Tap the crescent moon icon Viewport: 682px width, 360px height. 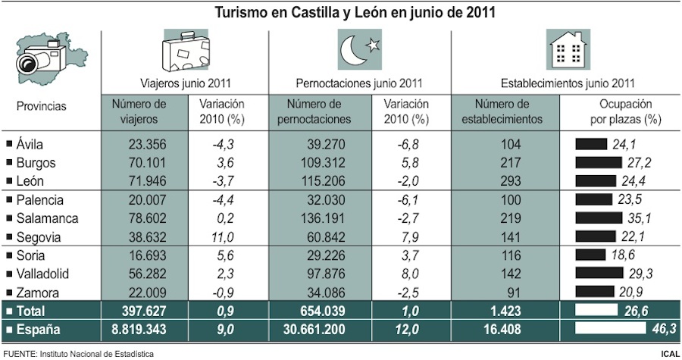tap(357, 52)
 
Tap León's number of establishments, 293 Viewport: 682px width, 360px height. tap(505, 180)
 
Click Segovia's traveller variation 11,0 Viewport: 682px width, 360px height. tap(222, 236)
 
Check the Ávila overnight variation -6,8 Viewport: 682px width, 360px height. tap(406, 143)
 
